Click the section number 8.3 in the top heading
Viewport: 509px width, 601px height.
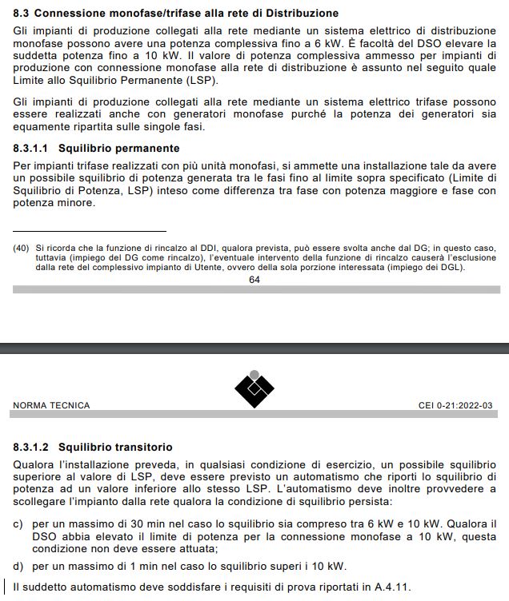(22, 13)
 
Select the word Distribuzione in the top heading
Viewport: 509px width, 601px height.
(299, 13)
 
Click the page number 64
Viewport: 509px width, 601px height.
(254, 280)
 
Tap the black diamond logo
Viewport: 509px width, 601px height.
(254, 389)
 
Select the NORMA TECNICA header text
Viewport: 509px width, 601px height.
(51, 406)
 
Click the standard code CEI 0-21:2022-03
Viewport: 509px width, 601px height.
(455, 406)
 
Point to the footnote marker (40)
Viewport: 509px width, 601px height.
(22, 248)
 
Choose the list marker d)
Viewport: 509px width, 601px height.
(18, 567)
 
